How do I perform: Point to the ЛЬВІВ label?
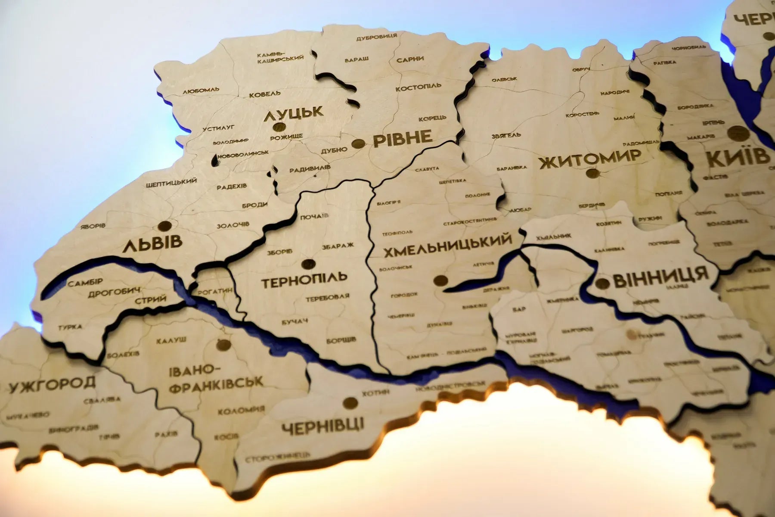152,244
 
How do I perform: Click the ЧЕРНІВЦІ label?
323,425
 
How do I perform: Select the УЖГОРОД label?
52,384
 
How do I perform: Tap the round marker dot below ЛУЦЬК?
279,128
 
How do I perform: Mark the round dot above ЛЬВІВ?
164,226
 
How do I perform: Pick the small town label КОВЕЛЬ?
265,93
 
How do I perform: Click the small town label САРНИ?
410,59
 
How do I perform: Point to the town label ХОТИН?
375,392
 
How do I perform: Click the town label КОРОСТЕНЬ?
582,115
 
